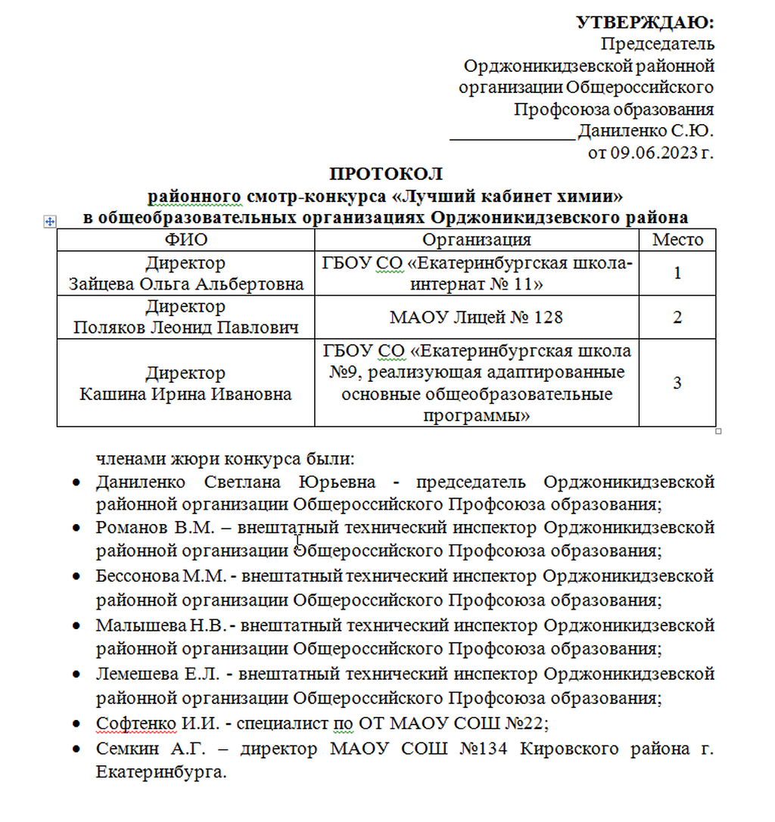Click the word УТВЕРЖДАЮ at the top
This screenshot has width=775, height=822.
click(645, 23)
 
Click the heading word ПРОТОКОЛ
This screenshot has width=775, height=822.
click(385, 175)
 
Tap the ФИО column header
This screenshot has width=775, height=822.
click(185, 240)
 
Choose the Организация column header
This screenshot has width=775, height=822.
click(476, 240)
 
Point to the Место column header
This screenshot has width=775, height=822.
click(677, 240)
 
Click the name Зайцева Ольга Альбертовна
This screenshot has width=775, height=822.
click(186, 284)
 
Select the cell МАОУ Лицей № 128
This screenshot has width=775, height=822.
click(476, 317)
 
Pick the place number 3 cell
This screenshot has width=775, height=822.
click(677, 383)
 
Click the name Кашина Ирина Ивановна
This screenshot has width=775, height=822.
click(186, 394)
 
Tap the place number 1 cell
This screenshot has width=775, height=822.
click(677, 273)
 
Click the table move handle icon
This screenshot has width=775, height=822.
click(50, 221)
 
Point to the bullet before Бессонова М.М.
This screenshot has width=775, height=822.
click(76, 576)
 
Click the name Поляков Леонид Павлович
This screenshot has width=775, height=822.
click(186, 327)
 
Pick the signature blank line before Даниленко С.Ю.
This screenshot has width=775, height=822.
click(512, 136)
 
